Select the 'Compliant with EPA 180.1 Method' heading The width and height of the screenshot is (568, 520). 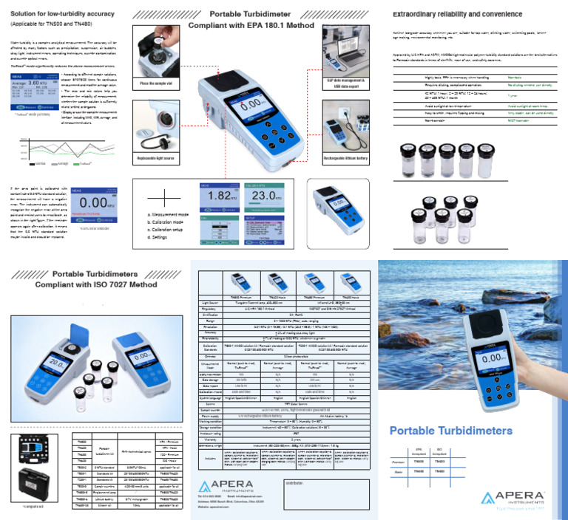[x=251, y=24]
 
